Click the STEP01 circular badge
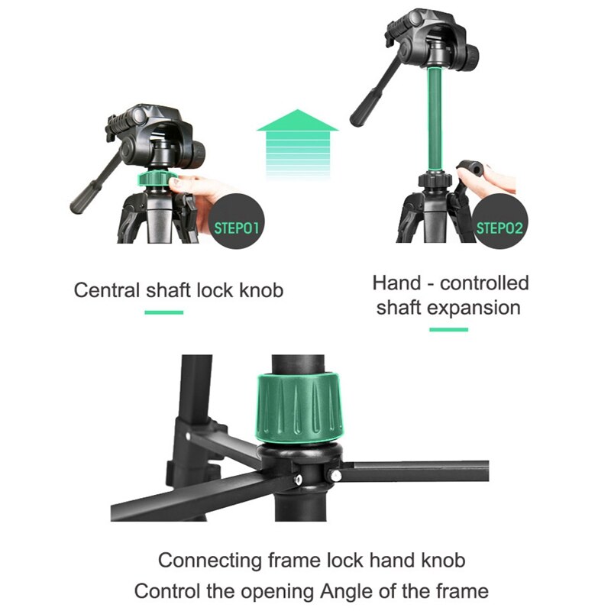coord(236,227)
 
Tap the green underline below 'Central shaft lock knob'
coord(163,312)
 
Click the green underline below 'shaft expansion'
coord(448,329)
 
